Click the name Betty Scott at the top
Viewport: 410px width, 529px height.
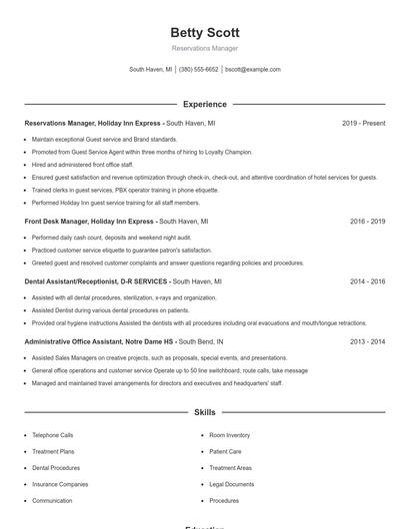(x=205, y=33)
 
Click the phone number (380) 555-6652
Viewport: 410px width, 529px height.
(x=198, y=70)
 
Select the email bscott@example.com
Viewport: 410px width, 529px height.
(x=253, y=70)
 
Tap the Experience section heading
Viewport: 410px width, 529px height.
(x=205, y=104)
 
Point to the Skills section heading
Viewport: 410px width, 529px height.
(x=205, y=411)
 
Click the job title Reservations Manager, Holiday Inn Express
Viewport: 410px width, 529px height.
(x=93, y=123)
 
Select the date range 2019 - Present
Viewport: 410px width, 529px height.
(x=363, y=123)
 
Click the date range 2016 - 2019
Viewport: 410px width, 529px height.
(x=367, y=221)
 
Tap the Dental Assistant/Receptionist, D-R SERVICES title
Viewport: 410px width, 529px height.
(x=96, y=281)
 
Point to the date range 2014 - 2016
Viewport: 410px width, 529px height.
(x=367, y=281)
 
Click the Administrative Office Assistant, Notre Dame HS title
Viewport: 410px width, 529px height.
(x=102, y=341)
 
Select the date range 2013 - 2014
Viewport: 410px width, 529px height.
(x=367, y=341)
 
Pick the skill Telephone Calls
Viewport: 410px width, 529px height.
(x=53, y=435)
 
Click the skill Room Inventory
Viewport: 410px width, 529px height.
(x=230, y=435)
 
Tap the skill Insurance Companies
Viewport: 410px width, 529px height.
(x=60, y=484)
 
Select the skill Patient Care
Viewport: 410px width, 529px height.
(x=225, y=451)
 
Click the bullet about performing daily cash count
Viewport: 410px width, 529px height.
(x=98, y=238)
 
